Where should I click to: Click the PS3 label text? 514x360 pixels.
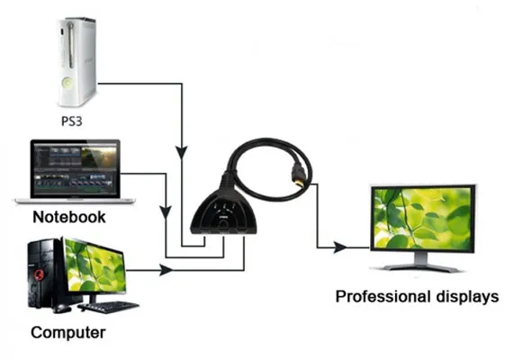point(71,121)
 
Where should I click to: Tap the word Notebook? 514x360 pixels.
point(69,217)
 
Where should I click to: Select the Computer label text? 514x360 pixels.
point(68,332)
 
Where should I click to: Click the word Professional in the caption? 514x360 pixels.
point(383,296)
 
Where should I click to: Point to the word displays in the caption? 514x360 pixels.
point(467,297)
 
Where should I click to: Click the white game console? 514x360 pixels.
point(77,62)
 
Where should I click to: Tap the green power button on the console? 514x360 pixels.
point(68,84)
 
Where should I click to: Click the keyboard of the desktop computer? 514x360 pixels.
point(108,306)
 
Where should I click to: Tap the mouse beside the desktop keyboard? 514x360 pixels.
point(61,308)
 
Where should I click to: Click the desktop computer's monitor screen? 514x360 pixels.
point(95,265)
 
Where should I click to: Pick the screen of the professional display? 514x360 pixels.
point(422,218)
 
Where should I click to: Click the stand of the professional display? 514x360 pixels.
point(422,262)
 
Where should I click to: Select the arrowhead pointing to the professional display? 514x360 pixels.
point(340,247)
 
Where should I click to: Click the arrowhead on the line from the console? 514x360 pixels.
point(182,153)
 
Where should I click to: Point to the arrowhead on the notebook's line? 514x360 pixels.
point(166,212)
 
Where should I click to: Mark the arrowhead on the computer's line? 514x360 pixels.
point(167,270)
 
